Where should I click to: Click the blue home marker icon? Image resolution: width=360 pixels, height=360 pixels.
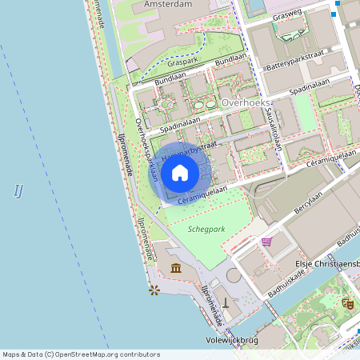point(180,172)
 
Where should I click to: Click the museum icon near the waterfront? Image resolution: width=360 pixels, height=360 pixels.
point(176,267)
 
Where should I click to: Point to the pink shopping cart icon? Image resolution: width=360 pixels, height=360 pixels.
point(266,241)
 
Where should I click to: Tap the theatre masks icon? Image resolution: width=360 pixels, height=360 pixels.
point(347,303)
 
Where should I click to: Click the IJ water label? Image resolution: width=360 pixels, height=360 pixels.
point(18,190)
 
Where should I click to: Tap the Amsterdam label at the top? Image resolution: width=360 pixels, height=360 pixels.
point(169,5)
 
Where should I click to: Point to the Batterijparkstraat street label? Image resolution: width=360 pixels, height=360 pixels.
point(297,57)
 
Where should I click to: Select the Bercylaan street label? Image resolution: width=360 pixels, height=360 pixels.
point(290,204)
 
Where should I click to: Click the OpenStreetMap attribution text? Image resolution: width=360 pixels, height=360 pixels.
point(81,354)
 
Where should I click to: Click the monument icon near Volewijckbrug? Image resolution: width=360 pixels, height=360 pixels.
point(226,304)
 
